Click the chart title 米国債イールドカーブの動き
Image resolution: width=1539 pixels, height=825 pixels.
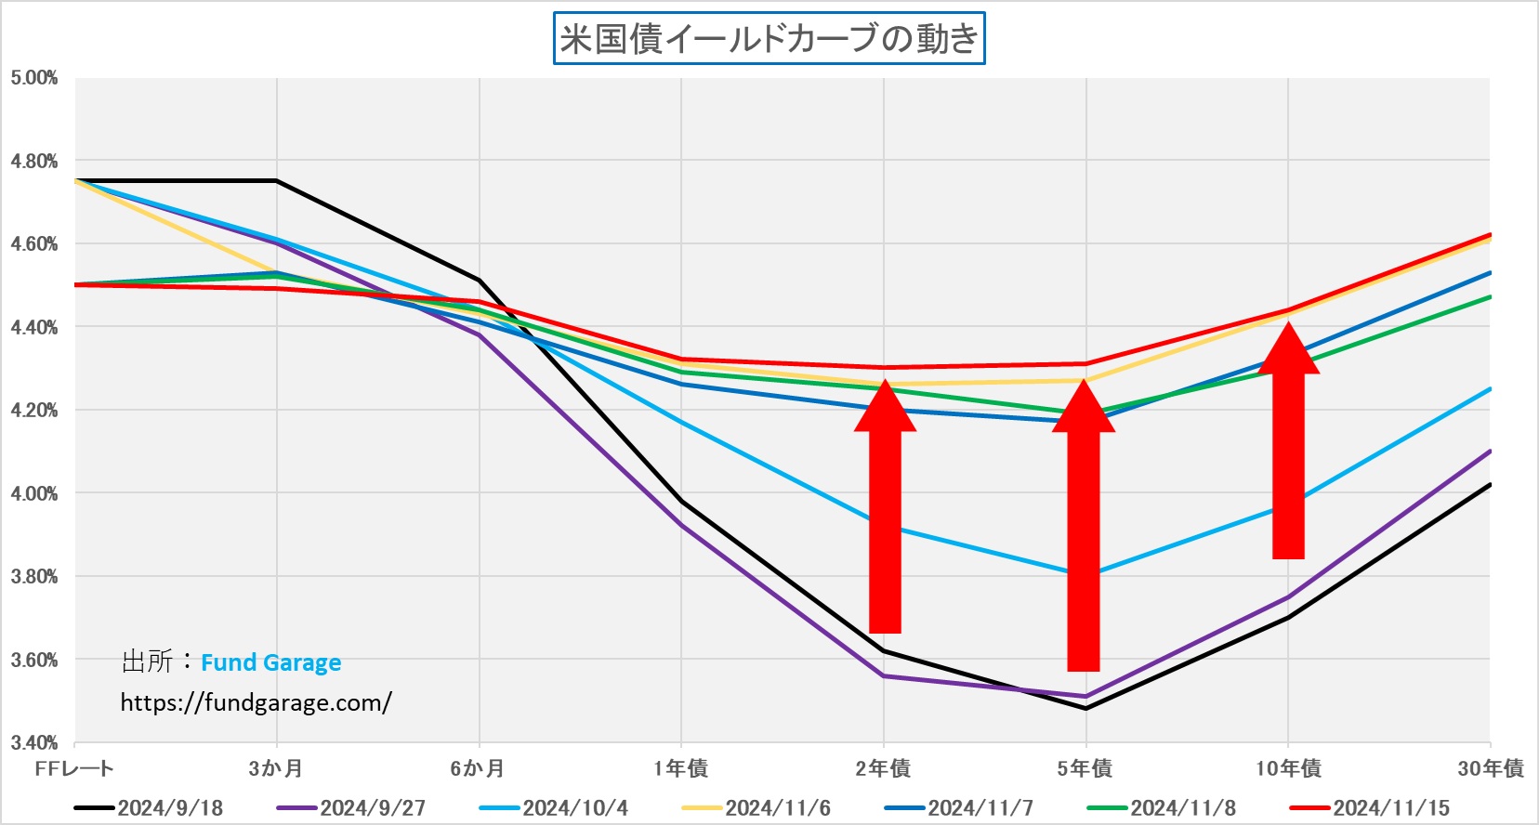click(769, 39)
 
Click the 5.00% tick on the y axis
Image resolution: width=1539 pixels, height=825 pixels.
click(34, 78)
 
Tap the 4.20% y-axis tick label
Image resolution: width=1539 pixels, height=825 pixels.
click(34, 411)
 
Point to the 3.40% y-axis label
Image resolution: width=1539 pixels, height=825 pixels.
click(34, 743)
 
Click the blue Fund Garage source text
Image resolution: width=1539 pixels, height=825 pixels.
click(270, 662)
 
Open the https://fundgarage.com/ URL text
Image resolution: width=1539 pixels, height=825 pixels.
click(256, 702)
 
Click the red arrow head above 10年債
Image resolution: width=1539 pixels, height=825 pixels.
click(1288, 349)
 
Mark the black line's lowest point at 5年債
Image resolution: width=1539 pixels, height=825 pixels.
click(1085, 709)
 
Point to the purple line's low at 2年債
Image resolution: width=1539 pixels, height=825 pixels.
click(884, 676)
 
